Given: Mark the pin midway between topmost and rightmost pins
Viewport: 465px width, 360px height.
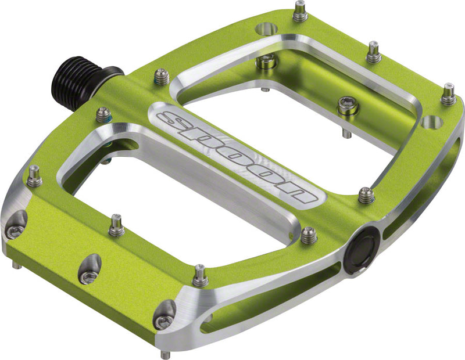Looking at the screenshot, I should coord(374,53).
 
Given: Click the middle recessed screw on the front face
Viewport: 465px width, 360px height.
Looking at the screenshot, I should coord(89,271).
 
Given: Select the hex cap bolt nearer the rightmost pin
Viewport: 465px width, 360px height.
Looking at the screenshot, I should coord(348,106).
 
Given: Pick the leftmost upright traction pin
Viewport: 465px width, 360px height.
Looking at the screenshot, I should coord(34,177).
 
